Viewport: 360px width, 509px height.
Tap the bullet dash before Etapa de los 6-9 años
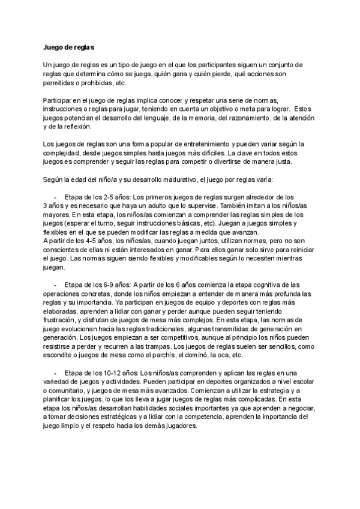click(55, 284)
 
